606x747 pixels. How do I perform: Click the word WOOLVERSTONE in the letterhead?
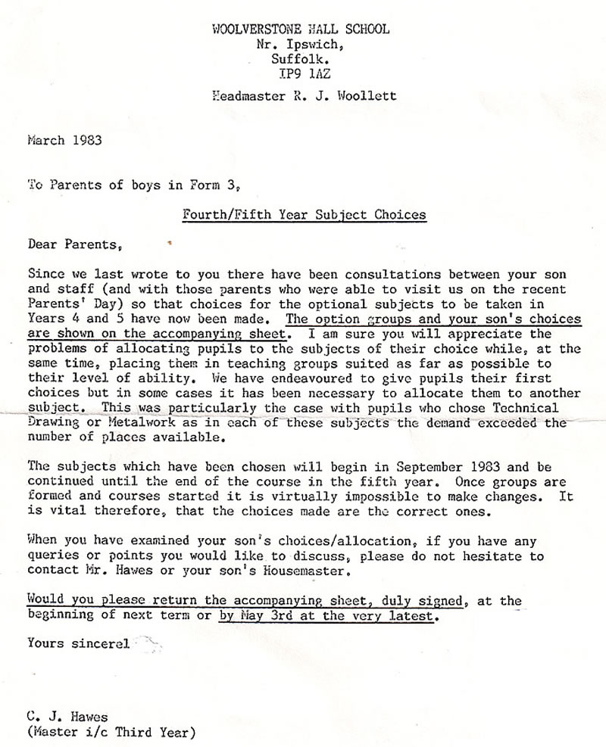click(x=251, y=30)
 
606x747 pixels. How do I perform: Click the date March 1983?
click(x=64, y=140)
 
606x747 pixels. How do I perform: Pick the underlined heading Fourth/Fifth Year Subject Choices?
click(x=305, y=214)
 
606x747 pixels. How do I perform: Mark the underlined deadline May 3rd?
click(x=267, y=615)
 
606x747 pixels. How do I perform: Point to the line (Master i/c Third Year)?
click(x=110, y=732)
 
